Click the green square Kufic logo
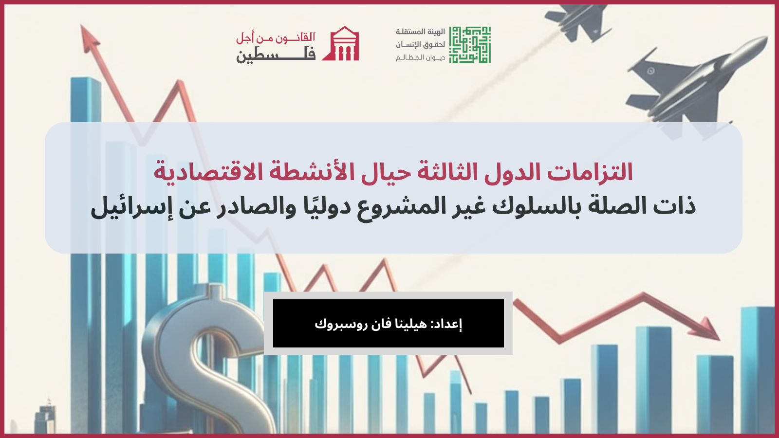(469, 45)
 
